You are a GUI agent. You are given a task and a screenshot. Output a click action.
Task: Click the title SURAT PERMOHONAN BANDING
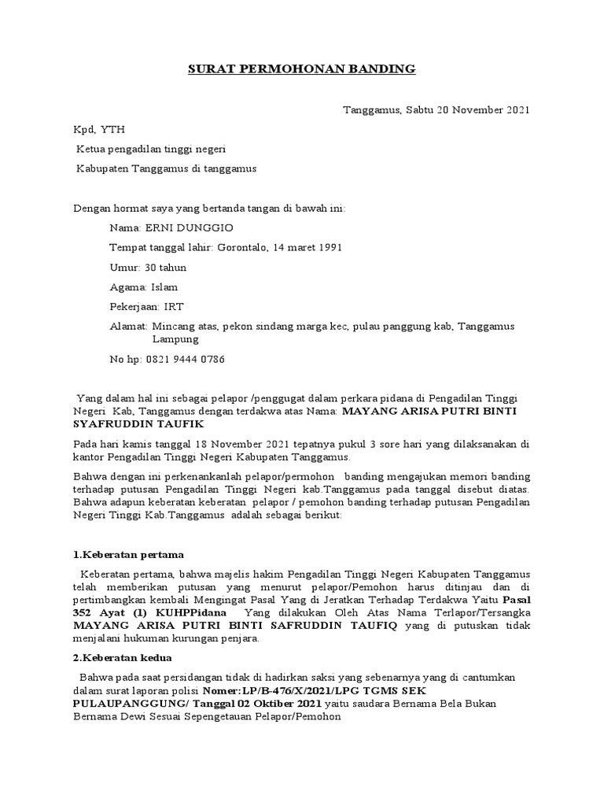pos(302,70)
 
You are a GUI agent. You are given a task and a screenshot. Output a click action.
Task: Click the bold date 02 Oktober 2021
pos(282,702)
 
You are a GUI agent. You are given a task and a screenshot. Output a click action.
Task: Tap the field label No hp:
pos(123,359)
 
